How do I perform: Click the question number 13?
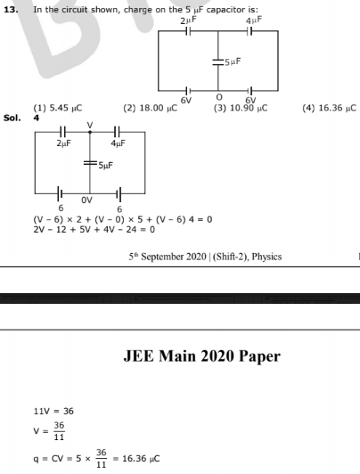coord(11,10)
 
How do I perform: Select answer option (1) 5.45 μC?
coord(58,108)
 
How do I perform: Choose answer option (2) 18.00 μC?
coord(151,108)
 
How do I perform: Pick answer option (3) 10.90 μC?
coord(241,108)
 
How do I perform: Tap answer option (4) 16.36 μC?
coord(330,108)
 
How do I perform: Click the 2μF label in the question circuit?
coord(188,20)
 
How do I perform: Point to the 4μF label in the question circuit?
coord(254,20)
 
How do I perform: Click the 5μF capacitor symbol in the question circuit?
coord(217,62)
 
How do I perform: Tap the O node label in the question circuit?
coord(219,97)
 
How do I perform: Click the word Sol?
coord(12,118)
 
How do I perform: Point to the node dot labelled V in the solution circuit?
coord(90,132)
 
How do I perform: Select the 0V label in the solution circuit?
coord(86,200)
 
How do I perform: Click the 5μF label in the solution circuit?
coord(106,166)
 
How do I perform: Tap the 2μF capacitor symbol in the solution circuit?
coord(62,132)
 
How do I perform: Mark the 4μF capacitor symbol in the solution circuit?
coord(118,132)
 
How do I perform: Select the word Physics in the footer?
coord(266,257)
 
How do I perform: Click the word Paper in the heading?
coord(259,356)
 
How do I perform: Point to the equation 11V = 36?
coord(53,411)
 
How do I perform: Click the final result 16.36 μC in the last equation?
coord(141,459)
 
